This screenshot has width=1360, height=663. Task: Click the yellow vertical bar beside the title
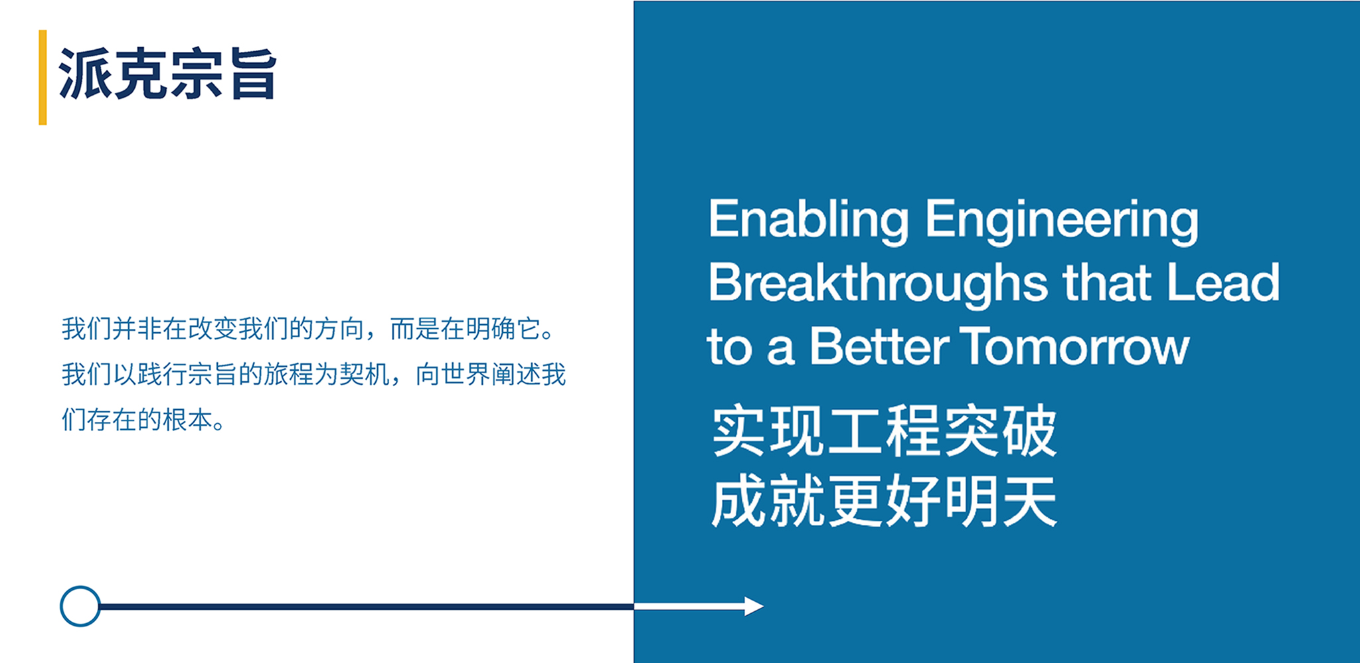pyautogui.click(x=42, y=77)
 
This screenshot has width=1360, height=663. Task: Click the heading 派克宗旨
pyautogui.click(x=167, y=74)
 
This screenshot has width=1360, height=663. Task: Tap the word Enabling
pyautogui.click(x=808, y=221)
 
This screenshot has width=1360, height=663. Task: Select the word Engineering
pyautogui.click(x=1062, y=221)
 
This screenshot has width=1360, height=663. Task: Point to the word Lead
pyautogui.click(x=1223, y=282)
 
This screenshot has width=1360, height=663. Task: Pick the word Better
pyautogui.click(x=880, y=346)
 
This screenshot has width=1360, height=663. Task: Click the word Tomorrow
pyautogui.click(x=1074, y=346)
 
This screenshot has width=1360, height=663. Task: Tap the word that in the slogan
pyautogui.click(x=1107, y=282)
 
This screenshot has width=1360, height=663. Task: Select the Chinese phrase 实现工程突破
pyautogui.click(x=884, y=430)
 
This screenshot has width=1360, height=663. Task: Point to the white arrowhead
pyautogui.click(x=754, y=606)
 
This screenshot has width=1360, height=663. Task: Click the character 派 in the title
pyautogui.click(x=85, y=74)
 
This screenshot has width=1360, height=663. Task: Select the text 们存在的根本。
pyautogui.click(x=143, y=420)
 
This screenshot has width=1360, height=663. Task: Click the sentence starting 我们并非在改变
pyautogui.click(x=308, y=329)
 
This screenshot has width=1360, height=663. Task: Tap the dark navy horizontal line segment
pyautogui.click(x=367, y=607)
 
